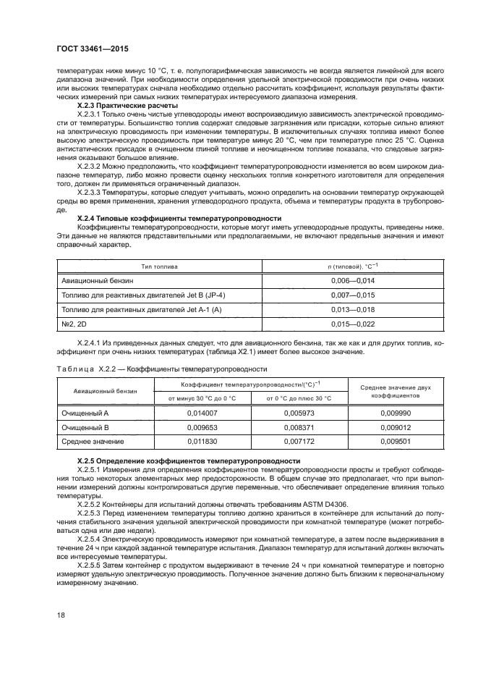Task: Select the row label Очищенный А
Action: coord(85,413)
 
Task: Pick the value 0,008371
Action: coord(299,427)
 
